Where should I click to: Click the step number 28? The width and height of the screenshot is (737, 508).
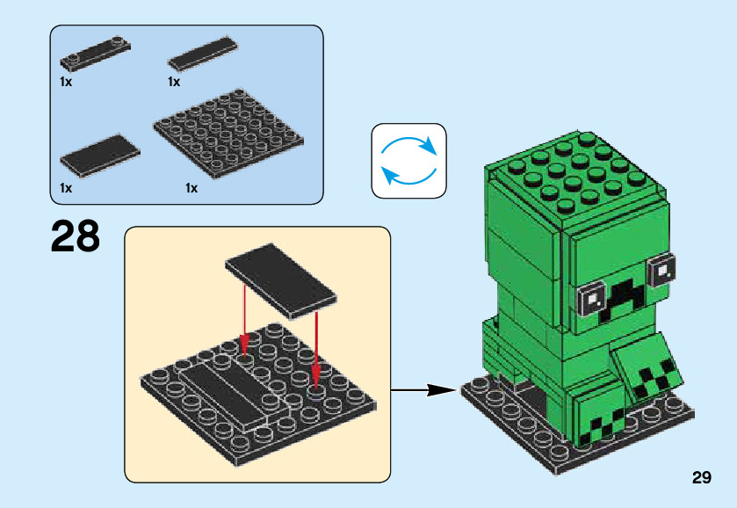(76, 236)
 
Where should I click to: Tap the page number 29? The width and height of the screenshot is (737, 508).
(701, 477)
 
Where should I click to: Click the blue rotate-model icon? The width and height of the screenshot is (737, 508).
(408, 160)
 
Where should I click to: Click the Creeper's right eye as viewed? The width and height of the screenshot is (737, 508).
(661, 265)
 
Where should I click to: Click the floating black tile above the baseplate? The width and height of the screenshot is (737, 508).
(283, 277)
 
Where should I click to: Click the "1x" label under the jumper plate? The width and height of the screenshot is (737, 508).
(66, 81)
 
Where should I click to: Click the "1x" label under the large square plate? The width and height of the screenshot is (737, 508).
(191, 187)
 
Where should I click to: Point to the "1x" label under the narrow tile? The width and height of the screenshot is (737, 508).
(174, 81)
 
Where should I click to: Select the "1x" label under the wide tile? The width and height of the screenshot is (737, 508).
(66, 187)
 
